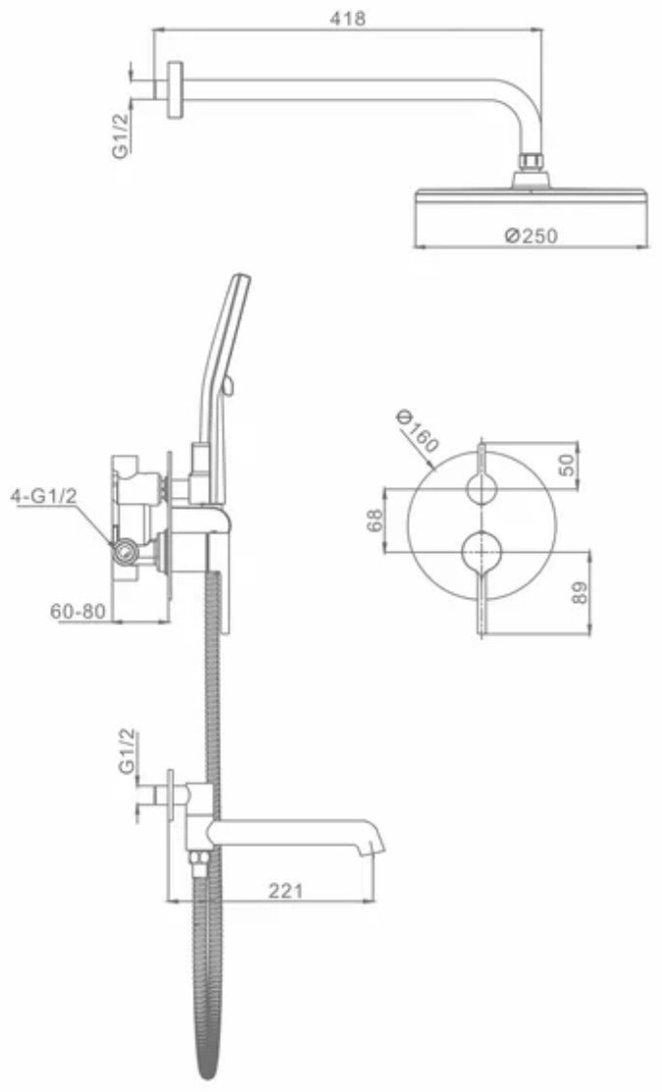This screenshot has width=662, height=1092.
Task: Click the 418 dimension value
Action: [347, 18]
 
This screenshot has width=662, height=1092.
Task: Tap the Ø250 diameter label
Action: [531, 236]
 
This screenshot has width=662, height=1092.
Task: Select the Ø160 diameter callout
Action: [417, 431]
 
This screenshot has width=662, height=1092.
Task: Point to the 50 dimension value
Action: [569, 465]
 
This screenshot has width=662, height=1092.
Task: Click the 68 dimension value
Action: [375, 521]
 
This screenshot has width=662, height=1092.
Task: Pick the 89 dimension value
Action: [580, 593]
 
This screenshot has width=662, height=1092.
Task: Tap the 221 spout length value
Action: [285, 890]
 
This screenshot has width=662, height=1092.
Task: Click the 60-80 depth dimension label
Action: [78, 612]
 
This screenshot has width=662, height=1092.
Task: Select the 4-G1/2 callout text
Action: [44, 497]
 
